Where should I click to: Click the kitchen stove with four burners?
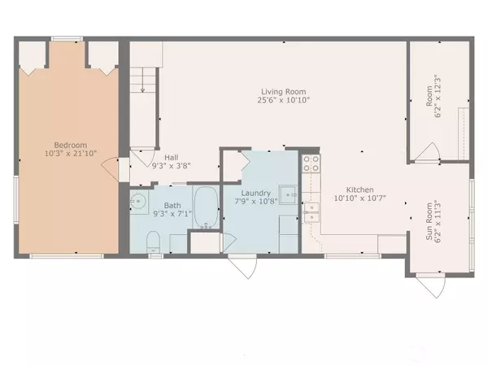point(310,166)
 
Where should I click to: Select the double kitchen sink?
point(311,212)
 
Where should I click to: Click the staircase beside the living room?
point(142,81)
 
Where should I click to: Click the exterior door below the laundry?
point(242,266)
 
